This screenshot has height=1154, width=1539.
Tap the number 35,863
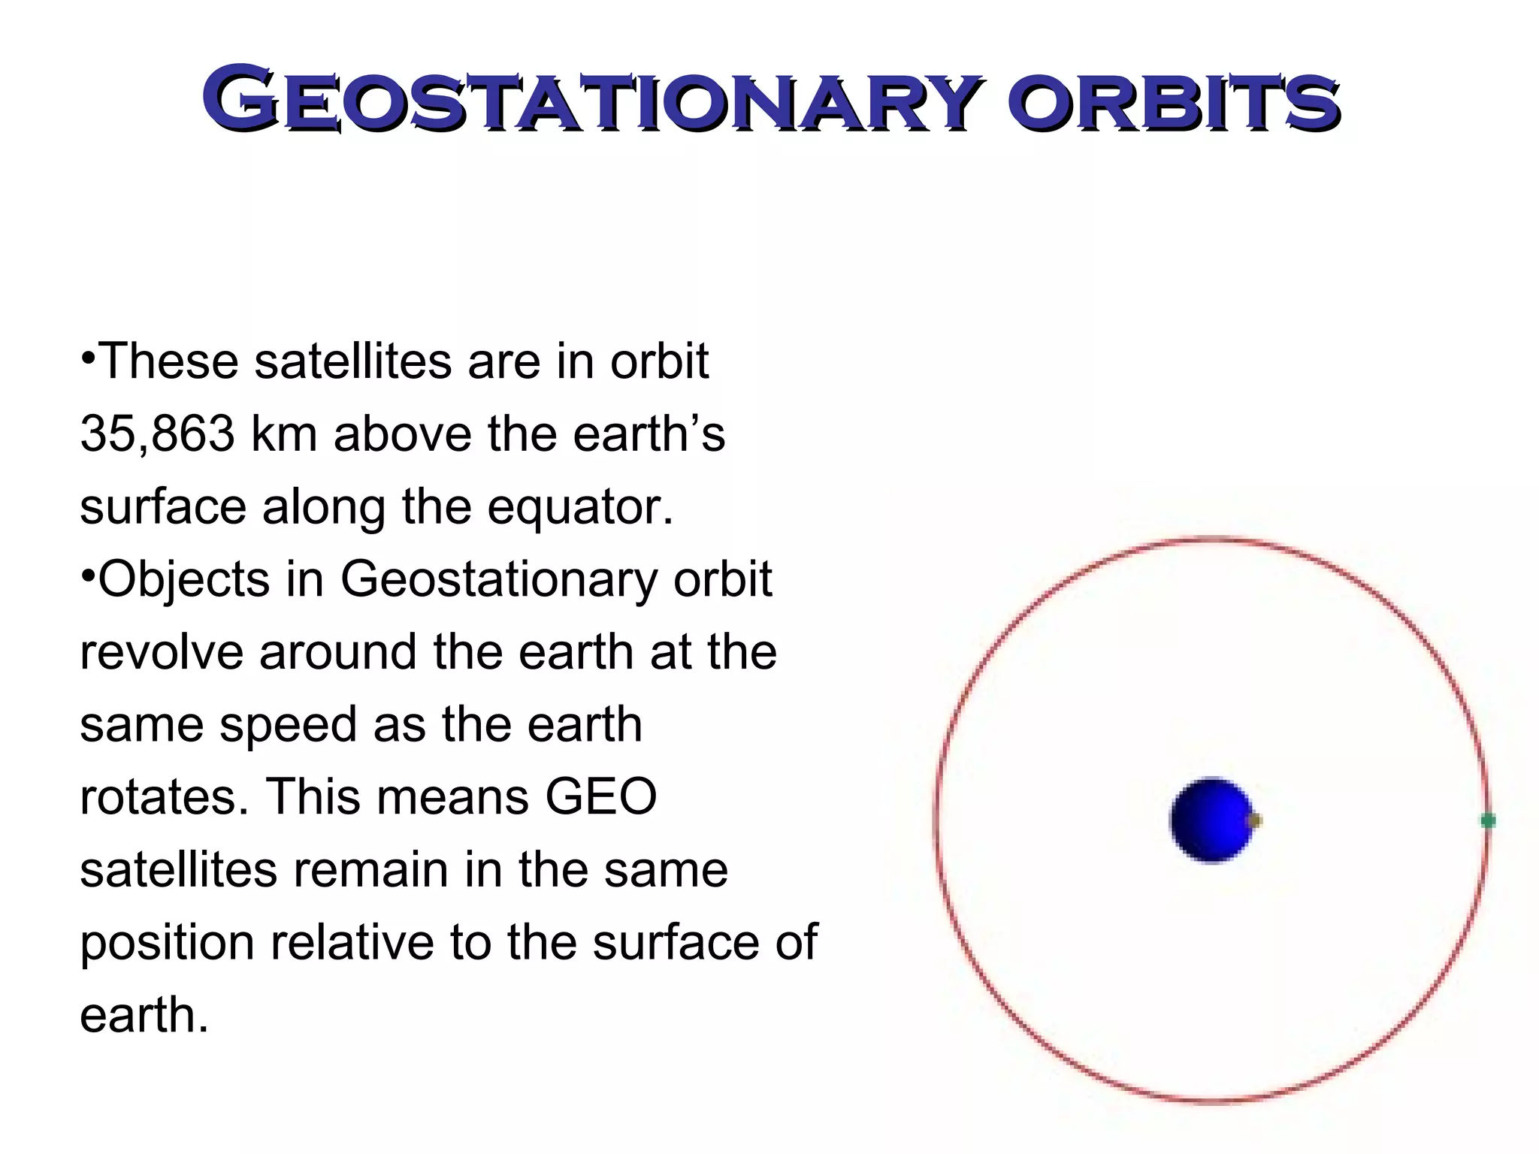click(x=157, y=434)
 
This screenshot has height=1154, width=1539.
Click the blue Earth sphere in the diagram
click(x=1211, y=820)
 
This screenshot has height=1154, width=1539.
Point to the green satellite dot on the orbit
click(x=1487, y=820)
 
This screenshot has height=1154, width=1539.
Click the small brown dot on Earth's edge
click(x=1253, y=820)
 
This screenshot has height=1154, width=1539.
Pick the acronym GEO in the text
click(x=601, y=796)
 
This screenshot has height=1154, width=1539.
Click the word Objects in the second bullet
click(x=184, y=579)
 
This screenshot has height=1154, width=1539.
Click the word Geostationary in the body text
click(x=498, y=579)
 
